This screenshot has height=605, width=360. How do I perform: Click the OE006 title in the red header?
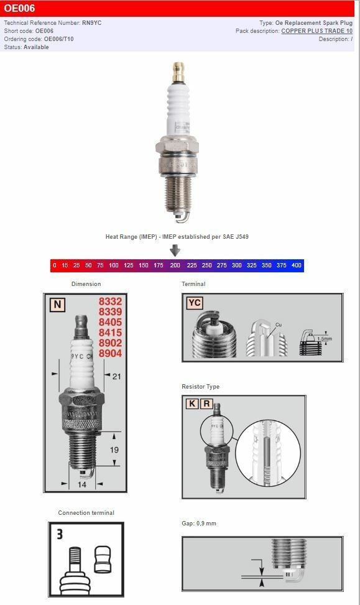tap(20, 9)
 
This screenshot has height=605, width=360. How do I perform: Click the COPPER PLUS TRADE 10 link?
tap(316, 30)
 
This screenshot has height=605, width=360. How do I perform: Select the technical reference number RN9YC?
tap(91, 22)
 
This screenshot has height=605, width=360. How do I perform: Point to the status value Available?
tap(37, 47)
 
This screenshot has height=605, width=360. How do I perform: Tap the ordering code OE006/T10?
tap(58, 39)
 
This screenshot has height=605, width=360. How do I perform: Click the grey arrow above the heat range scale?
tap(175, 250)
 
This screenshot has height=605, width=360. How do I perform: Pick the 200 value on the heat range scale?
tap(175, 266)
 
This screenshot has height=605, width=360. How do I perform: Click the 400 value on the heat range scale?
tap(296, 266)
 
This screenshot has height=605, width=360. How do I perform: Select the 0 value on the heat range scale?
tap(55, 266)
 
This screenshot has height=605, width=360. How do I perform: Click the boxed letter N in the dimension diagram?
tap(57, 305)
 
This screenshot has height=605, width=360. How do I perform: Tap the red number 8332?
tap(110, 302)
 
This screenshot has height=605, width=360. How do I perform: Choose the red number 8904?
tap(110, 353)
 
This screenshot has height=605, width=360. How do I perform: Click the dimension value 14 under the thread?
tap(82, 484)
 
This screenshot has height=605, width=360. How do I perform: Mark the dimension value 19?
tap(114, 449)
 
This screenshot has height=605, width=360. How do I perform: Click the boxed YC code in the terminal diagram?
tap(195, 303)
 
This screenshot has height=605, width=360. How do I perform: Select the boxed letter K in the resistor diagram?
tap(192, 404)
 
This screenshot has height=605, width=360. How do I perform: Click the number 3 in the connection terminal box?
tap(60, 533)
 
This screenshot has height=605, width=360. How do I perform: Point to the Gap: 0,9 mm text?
tap(199, 524)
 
